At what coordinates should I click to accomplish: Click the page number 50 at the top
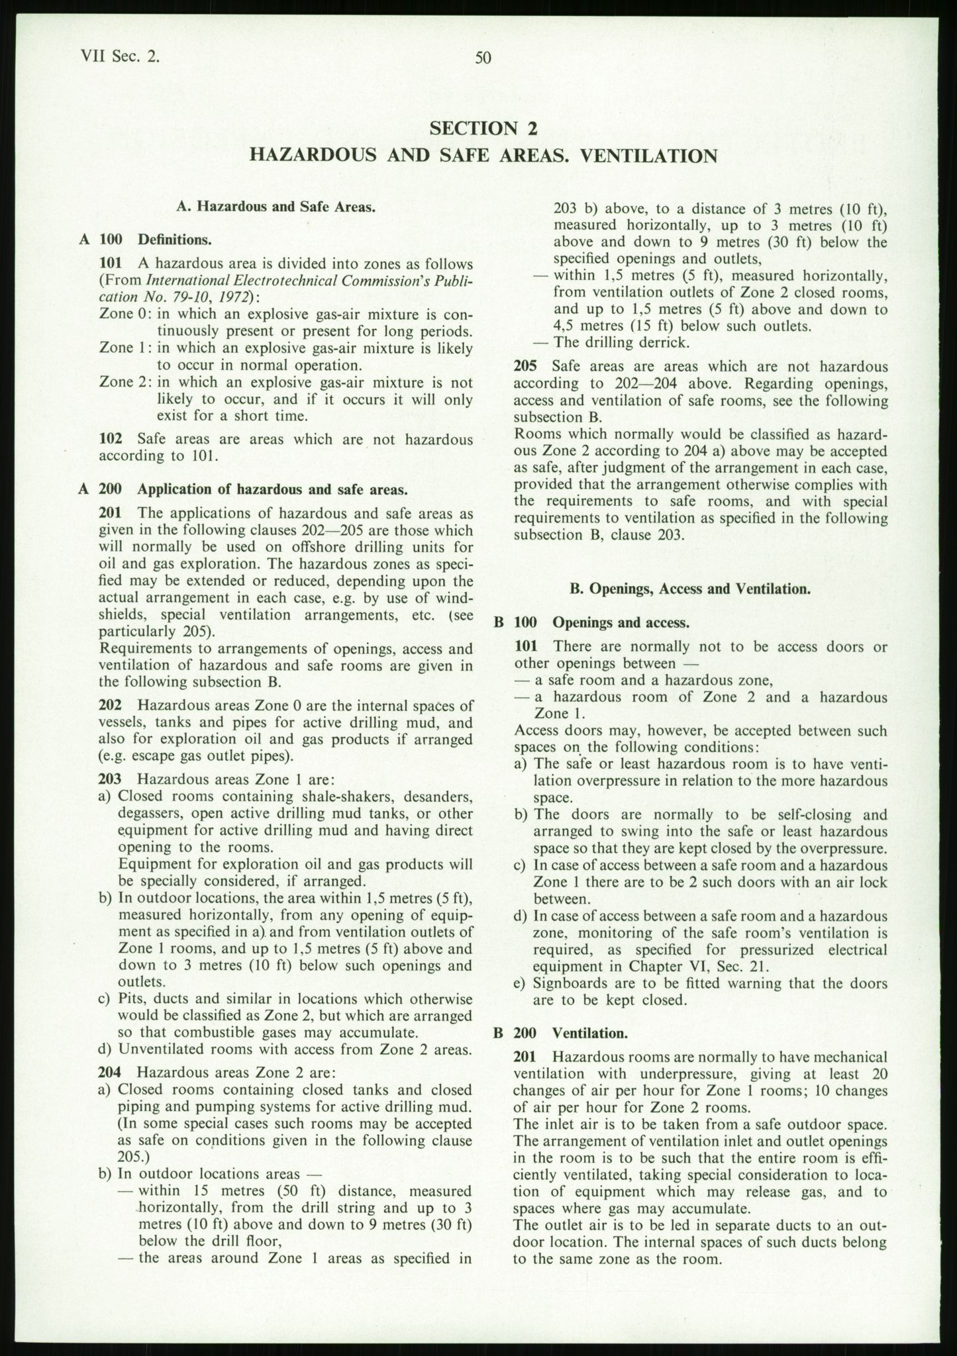tap(483, 58)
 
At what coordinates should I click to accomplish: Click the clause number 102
tap(109, 439)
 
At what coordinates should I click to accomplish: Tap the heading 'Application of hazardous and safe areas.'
tap(272, 489)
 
